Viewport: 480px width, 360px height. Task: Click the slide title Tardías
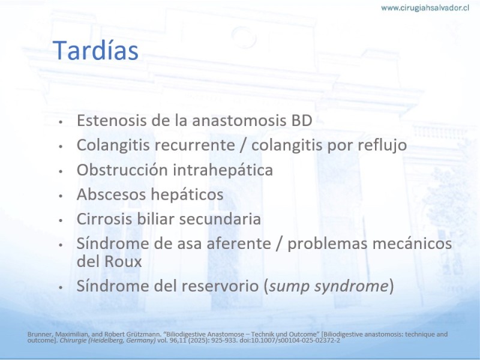pyautogui.click(x=95, y=50)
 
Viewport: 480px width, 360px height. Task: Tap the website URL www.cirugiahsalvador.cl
pyautogui.click(x=425, y=8)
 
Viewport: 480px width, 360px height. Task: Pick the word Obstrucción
pyautogui.click(x=122, y=169)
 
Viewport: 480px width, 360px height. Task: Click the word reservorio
pyautogui.click(x=220, y=286)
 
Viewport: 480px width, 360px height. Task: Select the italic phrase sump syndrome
pyautogui.click(x=329, y=286)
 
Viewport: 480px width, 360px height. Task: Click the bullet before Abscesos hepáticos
pyautogui.click(x=61, y=196)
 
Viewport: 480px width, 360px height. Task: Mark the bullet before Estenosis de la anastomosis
pyautogui.click(x=61, y=122)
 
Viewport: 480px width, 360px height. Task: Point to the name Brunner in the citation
pyautogui.click(x=37, y=334)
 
